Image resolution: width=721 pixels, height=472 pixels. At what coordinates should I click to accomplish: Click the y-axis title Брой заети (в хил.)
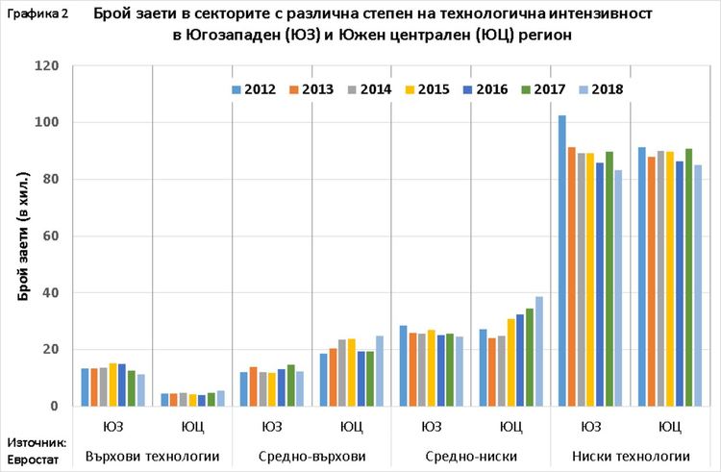22,236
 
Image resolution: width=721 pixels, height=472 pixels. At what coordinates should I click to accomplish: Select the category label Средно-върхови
311,456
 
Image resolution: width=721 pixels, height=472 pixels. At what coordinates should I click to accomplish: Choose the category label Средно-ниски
470,456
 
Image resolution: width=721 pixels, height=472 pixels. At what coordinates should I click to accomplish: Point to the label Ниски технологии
629,456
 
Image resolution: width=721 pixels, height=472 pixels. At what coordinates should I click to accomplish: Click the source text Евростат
35,460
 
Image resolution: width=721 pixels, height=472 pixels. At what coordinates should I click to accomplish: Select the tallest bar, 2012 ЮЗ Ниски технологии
562,261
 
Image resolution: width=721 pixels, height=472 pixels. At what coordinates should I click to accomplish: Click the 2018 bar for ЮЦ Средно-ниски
539,351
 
